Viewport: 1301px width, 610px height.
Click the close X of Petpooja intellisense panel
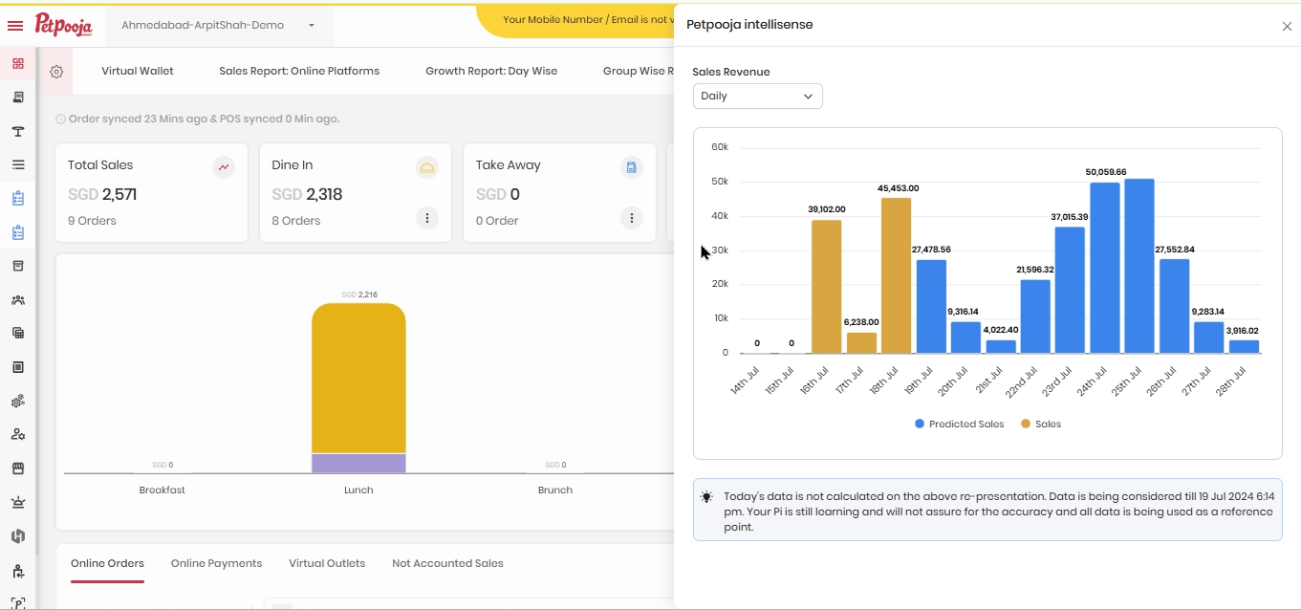tap(1287, 26)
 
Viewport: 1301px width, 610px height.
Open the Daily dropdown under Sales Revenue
tap(757, 96)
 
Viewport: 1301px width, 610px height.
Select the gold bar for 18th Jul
tap(896, 275)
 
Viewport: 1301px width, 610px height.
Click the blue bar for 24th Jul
tap(1105, 268)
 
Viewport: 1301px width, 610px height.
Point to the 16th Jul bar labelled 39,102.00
tap(826, 287)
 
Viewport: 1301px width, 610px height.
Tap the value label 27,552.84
tap(1175, 250)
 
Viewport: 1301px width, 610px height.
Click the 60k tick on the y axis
tap(720, 147)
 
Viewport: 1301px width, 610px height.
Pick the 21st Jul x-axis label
tap(989, 380)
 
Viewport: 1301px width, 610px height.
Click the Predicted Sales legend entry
tap(960, 425)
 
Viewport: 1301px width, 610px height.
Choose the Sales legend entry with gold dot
tap(1041, 425)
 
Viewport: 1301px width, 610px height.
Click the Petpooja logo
tap(63, 25)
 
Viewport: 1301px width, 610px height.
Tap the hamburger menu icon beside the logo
tap(15, 26)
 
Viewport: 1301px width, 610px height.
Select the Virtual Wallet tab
tap(137, 71)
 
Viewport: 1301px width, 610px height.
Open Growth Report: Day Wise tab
tap(491, 71)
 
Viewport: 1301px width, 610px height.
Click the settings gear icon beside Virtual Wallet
tap(56, 72)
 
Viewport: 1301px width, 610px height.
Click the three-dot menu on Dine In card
tap(427, 218)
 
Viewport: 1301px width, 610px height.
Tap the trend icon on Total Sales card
tap(224, 167)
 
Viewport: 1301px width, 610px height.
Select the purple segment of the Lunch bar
tap(358, 463)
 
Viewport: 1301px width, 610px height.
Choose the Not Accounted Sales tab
tap(447, 563)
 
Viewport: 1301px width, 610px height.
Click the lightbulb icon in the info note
tap(706, 497)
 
